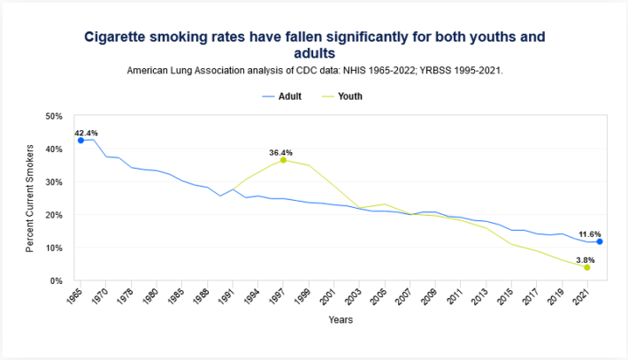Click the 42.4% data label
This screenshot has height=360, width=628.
pyautogui.click(x=86, y=133)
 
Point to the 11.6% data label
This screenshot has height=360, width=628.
pyautogui.click(x=586, y=231)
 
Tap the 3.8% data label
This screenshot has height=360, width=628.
pyautogui.click(x=585, y=259)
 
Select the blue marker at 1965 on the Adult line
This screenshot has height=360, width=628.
pyautogui.click(x=80, y=141)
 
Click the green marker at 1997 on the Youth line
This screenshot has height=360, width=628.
pyautogui.click(x=283, y=160)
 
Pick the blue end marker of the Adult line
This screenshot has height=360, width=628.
pyautogui.click(x=599, y=241)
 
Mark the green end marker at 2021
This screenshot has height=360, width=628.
pyautogui.click(x=586, y=267)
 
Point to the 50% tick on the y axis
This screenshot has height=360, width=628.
pyautogui.click(x=53, y=116)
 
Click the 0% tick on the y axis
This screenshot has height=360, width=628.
pyautogui.click(x=56, y=280)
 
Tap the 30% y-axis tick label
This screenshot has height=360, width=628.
pyautogui.click(x=53, y=182)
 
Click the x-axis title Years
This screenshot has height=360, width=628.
pyautogui.click(x=341, y=319)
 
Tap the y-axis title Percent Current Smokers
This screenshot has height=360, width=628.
pyautogui.click(x=29, y=198)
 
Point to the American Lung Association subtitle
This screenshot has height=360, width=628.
pyautogui.click(x=314, y=69)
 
